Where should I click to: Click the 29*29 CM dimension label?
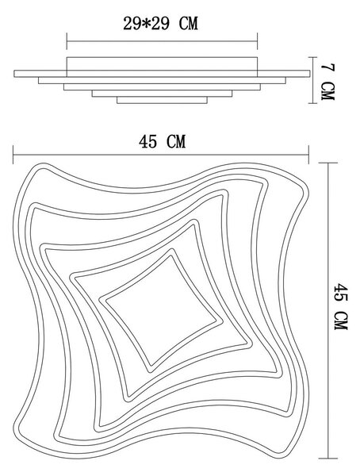click(161, 23)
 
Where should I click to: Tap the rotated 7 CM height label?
click(327, 82)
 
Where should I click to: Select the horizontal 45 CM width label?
click(162, 141)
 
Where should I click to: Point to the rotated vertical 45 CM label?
click(341, 306)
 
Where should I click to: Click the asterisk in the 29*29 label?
click(147, 24)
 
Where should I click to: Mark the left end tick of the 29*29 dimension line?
click(67, 41)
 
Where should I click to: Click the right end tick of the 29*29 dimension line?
click(258, 41)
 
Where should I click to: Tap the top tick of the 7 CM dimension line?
click(312, 57)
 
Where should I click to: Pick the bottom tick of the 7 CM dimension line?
click(312, 103)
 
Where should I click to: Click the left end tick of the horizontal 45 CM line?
click(13, 155)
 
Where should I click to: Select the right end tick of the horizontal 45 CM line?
click(309, 155)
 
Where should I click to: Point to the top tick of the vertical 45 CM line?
click(328, 163)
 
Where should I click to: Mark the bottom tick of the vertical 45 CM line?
click(328, 459)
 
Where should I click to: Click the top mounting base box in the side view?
click(162, 63)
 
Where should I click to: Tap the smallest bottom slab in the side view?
click(162, 100)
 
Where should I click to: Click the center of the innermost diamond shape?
click(161, 310)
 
